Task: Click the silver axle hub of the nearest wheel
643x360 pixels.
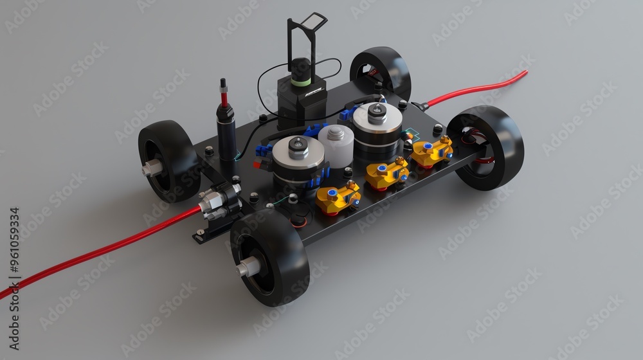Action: click(248, 267)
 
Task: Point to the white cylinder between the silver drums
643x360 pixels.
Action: click(336, 146)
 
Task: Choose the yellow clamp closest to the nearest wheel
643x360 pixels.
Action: click(338, 197)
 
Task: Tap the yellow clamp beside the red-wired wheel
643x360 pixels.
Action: click(432, 151)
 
